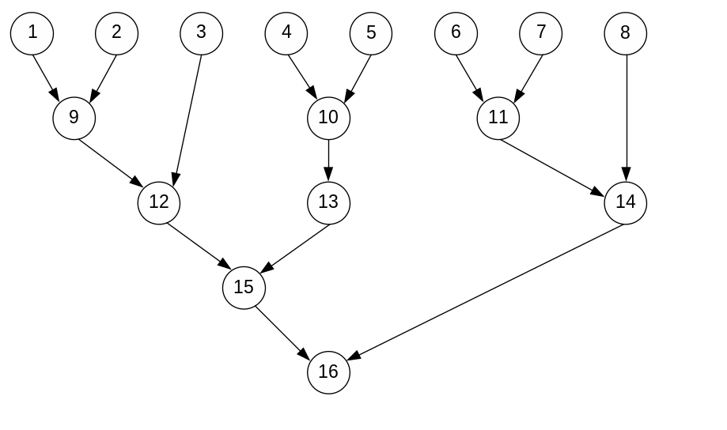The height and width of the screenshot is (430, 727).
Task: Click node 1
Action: (32, 33)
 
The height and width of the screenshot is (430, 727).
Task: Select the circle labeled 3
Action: (201, 33)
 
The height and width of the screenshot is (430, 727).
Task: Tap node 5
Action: (371, 33)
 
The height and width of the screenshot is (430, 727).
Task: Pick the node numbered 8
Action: (625, 33)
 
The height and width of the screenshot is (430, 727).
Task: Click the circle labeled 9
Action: (74, 118)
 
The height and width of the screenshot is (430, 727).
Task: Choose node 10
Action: (328, 118)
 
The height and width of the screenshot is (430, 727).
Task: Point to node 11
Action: (498, 118)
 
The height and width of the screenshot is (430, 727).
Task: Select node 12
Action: (159, 202)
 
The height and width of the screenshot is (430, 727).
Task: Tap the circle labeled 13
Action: (328, 202)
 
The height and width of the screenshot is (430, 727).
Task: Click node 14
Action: (625, 202)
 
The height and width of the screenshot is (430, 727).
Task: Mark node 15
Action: (244, 287)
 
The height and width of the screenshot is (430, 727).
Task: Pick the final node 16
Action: (328, 372)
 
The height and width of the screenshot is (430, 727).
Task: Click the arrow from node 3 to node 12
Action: (187, 119)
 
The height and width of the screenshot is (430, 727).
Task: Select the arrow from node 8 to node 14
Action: (626, 119)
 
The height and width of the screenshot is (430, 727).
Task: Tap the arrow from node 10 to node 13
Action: (328, 160)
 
